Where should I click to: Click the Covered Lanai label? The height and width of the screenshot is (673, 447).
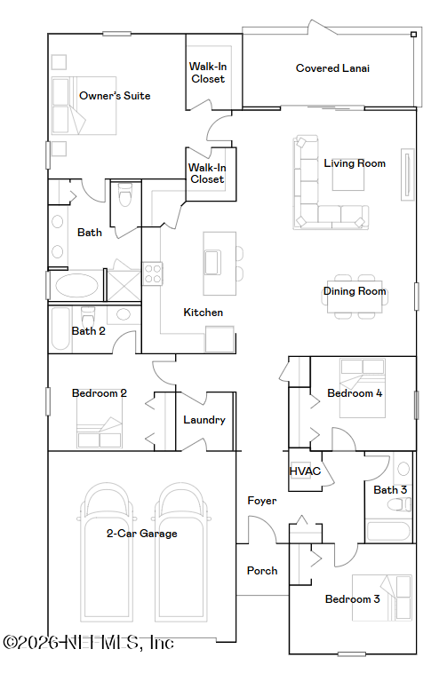click(332, 68)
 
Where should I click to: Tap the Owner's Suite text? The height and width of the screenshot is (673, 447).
click(115, 96)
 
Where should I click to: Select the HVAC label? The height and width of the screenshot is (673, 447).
click(305, 471)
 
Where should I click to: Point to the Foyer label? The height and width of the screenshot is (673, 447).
click(262, 501)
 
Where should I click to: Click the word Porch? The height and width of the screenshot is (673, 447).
click(262, 571)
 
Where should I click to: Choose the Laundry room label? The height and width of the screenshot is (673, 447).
click(204, 420)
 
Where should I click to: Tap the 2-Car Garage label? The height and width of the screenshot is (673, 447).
click(141, 534)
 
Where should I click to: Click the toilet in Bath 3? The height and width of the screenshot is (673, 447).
click(399, 504)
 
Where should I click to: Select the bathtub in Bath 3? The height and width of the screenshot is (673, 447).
click(388, 531)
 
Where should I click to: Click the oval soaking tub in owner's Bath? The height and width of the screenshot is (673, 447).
click(76, 285)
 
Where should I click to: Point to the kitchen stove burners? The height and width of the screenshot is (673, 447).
click(153, 273)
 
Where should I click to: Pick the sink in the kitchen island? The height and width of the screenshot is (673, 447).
click(212, 262)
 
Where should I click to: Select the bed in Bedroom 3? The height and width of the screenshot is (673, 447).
click(382, 598)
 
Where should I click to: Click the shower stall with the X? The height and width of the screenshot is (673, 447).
click(124, 285)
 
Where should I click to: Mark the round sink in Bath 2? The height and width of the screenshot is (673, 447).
click(124, 314)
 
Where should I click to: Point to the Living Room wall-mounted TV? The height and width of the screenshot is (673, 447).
click(408, 175)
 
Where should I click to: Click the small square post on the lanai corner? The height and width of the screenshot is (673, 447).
click(413, 35)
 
